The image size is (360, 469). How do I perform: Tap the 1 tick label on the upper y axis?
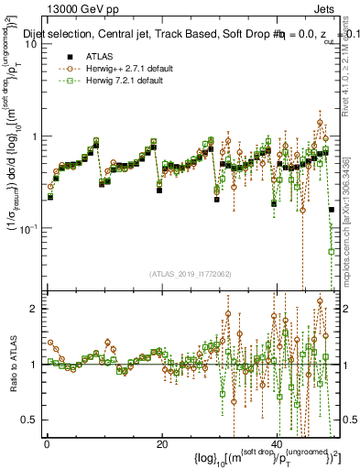(35, 136)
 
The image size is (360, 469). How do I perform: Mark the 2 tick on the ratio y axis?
(35, 309)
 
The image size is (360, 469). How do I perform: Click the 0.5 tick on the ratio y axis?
(30, 420)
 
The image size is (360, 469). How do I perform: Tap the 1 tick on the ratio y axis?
(35, 365)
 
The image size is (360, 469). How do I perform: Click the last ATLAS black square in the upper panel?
(331, 210)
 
